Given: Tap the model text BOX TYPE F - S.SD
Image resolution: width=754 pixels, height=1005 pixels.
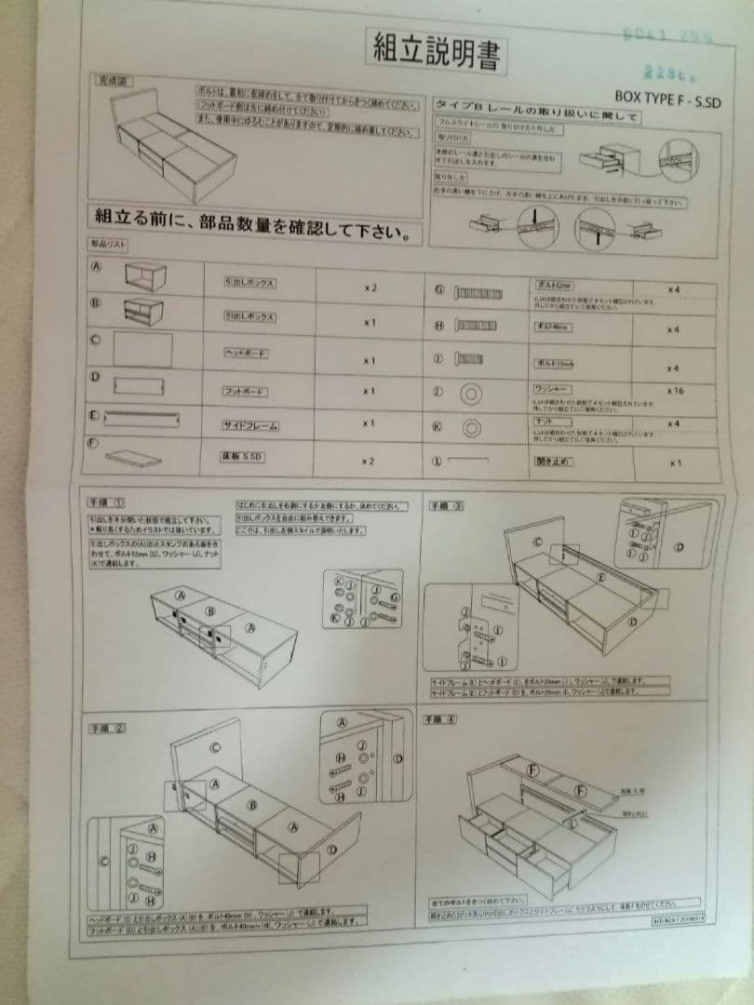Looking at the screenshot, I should tap(667, 96).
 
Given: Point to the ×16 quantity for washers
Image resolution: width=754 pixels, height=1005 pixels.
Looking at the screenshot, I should tap(675, 392).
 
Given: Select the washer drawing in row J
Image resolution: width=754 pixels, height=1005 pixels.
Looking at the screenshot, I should tap(469, 395).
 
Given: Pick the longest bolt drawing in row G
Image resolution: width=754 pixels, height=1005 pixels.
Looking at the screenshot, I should tap(487, 292).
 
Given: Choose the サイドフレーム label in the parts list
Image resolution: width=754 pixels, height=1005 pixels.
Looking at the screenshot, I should tap(249, 425).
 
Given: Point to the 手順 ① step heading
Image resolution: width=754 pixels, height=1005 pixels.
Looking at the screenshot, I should tap(108, 503).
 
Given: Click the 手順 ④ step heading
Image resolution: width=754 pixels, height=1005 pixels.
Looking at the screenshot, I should tap(443, 719).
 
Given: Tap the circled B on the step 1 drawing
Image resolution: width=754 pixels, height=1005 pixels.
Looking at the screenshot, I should tap(210, 611).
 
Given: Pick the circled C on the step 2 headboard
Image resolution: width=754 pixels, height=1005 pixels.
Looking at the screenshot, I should tap(216, 746).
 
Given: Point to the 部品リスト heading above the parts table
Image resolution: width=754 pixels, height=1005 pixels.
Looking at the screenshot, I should tap(109, 243).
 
